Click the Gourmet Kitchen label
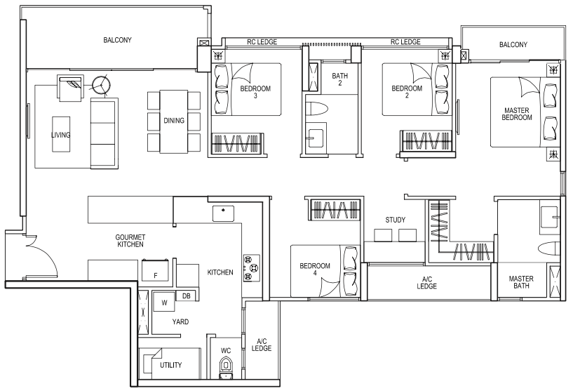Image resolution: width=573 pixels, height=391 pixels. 130,241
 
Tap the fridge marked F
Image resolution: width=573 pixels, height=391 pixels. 156,270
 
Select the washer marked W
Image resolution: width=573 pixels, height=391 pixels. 164,302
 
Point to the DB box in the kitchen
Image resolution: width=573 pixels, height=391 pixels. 186,296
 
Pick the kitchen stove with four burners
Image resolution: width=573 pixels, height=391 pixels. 252,268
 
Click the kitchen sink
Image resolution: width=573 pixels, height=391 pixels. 223,213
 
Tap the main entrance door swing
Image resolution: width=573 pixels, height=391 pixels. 42,256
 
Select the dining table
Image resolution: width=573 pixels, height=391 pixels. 173,122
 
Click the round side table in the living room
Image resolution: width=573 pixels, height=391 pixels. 100,85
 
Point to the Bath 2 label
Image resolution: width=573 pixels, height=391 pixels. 340,79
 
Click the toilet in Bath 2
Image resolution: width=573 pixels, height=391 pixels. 317,108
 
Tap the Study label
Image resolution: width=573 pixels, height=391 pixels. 395,220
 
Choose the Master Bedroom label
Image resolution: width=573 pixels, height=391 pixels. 517,114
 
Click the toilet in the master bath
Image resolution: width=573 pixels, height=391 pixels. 549,248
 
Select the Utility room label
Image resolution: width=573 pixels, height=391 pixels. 170,365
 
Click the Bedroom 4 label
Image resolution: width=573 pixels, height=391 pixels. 315,269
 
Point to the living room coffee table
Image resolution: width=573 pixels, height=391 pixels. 60,134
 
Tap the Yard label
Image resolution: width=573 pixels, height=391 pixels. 180,322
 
